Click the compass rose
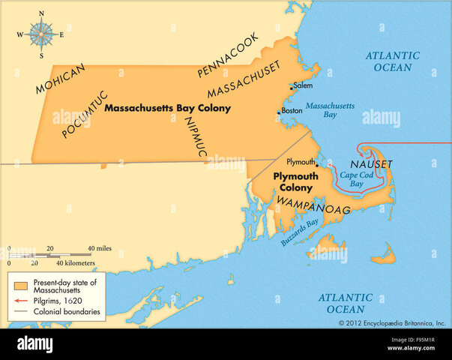point(41,33)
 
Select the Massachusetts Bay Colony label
point(167,108)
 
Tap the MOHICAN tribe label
point(61,79)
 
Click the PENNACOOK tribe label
point(228,55)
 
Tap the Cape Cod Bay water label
point(354,178)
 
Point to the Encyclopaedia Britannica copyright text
point(391,323)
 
